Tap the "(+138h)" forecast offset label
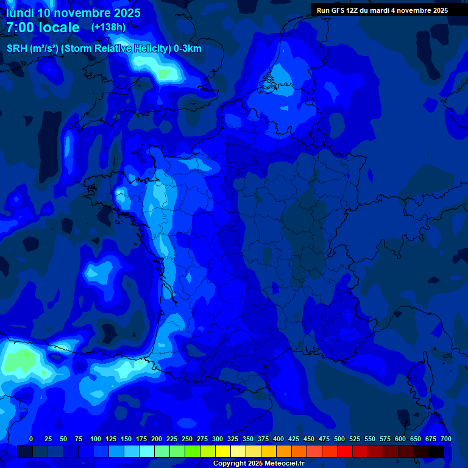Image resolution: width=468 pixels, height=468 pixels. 108,27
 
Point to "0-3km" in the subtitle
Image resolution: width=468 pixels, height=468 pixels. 188,49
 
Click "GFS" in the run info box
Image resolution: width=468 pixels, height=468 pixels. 337,10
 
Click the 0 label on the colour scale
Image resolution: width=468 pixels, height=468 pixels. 31,439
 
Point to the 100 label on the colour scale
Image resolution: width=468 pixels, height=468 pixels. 96,439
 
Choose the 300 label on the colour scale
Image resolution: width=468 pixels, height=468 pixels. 218,439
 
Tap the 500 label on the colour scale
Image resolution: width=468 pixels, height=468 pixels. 339,439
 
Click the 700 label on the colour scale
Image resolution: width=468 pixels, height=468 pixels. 446,439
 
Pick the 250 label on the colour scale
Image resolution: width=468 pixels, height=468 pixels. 187,439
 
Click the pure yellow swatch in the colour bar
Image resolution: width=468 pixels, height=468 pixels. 223,452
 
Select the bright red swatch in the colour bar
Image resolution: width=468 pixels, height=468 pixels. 345,452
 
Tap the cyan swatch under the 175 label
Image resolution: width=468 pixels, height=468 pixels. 147,452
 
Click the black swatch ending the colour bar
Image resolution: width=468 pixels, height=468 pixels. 436,452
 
